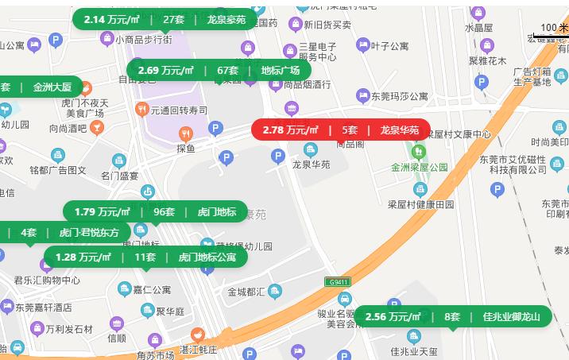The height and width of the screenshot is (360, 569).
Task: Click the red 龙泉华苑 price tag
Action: pyautogui.click(x=341, y=130)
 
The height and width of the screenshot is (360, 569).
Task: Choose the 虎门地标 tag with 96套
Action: pyautogui.click(x=155, y=211)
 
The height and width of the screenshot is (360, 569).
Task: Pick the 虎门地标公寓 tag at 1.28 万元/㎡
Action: pyautogui.click(x=145, y=257)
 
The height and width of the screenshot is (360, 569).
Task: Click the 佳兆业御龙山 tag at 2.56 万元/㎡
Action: pyautogui.click(x=452, y=316)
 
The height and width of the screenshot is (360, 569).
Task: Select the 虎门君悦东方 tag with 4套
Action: pyautogui.click(x=64, y=233)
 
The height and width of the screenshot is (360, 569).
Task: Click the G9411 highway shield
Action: pyautogui.click(x=338, y=281)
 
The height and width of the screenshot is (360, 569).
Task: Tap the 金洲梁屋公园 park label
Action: pyautogui.click(x=419, y=168)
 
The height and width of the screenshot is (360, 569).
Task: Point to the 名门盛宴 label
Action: pyautogui.click(x=119, y=176)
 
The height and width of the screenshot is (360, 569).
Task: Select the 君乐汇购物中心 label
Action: pyautogui.click(x=47, y=280)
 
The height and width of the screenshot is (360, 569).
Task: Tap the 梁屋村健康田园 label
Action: pyautogui.click(x=420, y=203)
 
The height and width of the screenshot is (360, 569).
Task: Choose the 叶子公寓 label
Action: pyautogui.click(x=389, y=45)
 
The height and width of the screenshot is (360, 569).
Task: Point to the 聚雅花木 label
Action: pyautogui.click(x=487, y=60)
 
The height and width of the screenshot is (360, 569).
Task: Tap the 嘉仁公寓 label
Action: pyautogui.click(x=151, y=289)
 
